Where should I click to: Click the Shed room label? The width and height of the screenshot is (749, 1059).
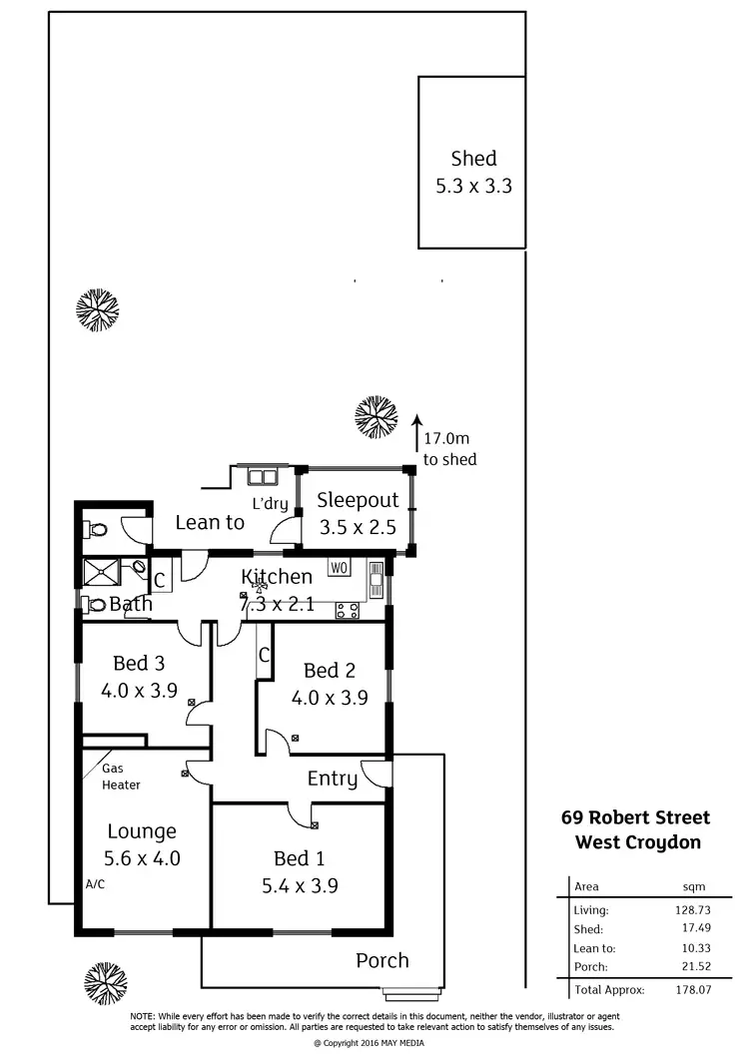point(473,159)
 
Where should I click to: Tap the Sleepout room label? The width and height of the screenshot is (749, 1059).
point(358,500)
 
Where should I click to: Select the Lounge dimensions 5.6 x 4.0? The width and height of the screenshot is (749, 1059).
point(142,857)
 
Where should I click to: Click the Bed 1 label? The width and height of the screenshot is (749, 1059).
point(299,858)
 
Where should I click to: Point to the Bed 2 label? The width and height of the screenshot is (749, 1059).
point(329,671)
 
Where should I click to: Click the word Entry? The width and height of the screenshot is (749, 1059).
point(332,780)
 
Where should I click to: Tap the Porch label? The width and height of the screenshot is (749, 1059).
point(382,960)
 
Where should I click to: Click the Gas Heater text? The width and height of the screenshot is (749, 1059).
point(121,778)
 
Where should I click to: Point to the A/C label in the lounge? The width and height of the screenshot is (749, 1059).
point(95,884)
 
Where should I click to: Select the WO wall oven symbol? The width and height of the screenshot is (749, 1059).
point(339,568)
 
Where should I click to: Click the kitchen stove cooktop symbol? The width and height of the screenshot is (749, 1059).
point(348,610)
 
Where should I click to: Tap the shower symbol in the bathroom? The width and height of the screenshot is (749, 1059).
point(102,572)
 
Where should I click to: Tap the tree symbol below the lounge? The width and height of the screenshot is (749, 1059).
point(105,983)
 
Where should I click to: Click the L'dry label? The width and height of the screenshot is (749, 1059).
point(269,504)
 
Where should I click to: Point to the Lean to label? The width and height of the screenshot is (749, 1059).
point(210,522)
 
